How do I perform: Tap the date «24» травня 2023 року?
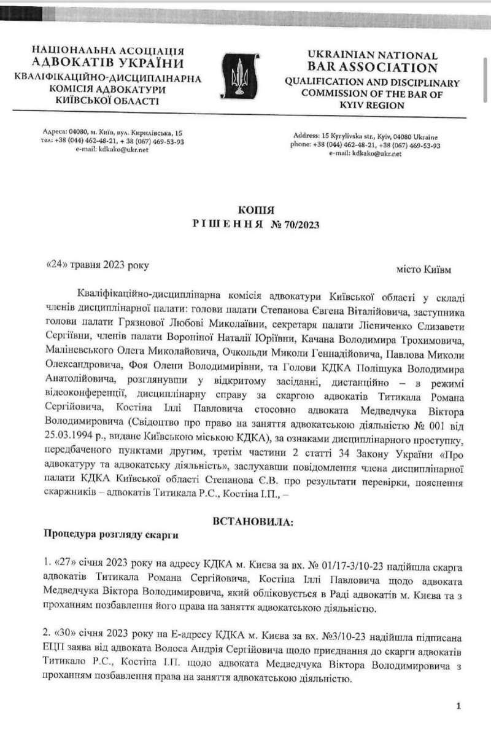[x=98, y=265]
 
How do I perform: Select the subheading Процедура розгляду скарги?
[x=110, y=534]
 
